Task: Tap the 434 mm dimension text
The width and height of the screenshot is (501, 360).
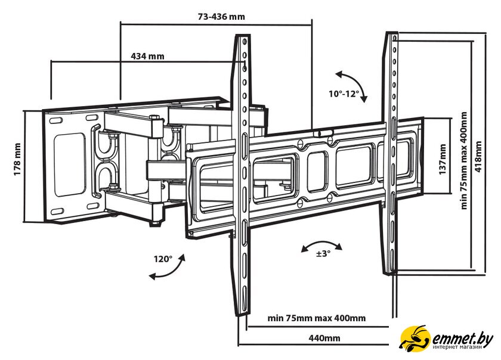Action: [x=147, y=57]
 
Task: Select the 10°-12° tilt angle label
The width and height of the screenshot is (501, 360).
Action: [x=344, y=94]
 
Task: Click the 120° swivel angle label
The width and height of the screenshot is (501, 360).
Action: [x=163, y=259]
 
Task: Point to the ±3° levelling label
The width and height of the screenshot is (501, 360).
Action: [x=323, y=253]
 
